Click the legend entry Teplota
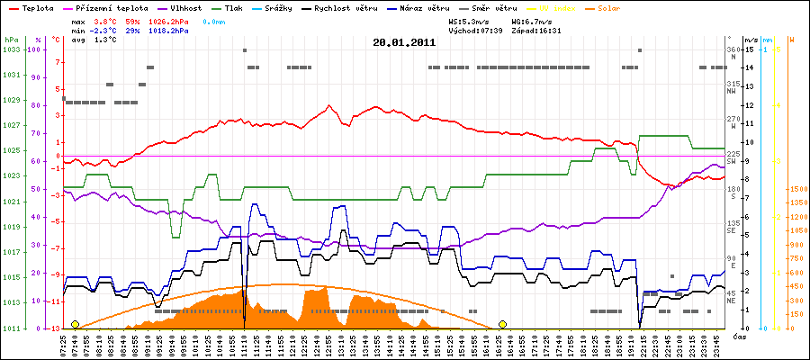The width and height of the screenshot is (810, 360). click(x=37, y=7)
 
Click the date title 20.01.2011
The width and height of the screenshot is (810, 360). click(x=404, y=41)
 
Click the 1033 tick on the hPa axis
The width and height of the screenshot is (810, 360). click(x=11, y=49)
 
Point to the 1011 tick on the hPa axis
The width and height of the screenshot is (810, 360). click(x=11, y=328)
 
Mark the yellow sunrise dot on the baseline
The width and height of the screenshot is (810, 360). click(x=75, y=324)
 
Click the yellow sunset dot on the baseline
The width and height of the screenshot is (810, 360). click(x=502, y=324)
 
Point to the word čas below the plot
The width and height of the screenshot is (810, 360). click(x=738, y=337)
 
